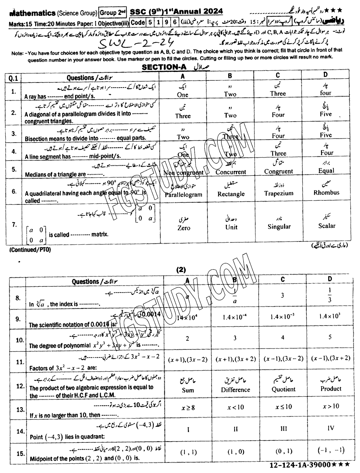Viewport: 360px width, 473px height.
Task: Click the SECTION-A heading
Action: (x=164, y=67)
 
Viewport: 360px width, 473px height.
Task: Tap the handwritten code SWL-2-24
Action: (x=135, y=43)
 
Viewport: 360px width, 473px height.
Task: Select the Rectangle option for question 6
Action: (x=231, y=194)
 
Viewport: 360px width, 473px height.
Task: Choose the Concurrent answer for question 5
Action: (x=231, y=172)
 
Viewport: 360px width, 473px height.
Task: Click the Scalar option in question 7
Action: (x=327, y=226)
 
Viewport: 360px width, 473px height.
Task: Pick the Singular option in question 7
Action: (x=279, y=226)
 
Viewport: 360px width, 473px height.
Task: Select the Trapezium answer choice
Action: (x=278, y=193)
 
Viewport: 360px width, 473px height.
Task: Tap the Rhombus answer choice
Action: (x=326, y=192)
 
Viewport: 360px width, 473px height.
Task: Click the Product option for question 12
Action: (x=331, y=389)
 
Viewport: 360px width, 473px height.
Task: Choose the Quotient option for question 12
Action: (x=283, y=389)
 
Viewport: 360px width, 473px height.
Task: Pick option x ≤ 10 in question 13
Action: (x=283, y=407)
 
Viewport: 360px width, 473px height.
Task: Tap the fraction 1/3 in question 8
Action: (x=330, y=295)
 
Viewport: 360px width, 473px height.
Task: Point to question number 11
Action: (x=20, y=362)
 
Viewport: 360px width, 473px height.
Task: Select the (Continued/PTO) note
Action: (x=30, y=250)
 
